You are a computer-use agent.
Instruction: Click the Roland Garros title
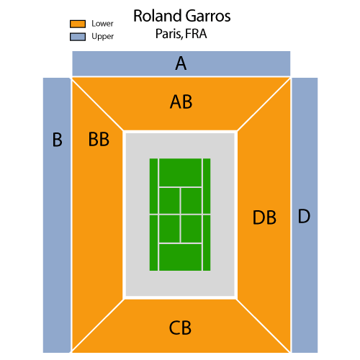(x=181, y=16)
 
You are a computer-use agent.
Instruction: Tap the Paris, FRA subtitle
(x=181, y=34)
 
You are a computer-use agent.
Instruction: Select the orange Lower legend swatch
(x=78, y=24)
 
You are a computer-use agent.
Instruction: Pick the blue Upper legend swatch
(x=78, y=37)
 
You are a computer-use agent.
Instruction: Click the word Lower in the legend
(x=102, y=24)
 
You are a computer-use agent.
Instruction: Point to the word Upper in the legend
(x=102, y=37)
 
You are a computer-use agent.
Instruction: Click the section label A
(x=181, y=63)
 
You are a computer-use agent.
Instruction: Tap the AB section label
(x=181, y=102)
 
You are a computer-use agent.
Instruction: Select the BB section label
(x=99, y=139)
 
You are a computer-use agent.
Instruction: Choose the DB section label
(x=264, y=217)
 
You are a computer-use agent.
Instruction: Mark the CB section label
(x=180, y=328)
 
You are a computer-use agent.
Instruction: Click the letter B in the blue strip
(x=57, y=140)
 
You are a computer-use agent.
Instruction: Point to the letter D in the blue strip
(x=304, y=216)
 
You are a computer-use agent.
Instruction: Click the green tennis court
(x=180, y=215)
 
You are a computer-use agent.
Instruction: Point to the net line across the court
(x=180, y=214)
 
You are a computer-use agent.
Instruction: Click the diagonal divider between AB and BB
(x=97, y=105)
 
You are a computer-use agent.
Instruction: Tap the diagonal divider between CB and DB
(x=264, y=325)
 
